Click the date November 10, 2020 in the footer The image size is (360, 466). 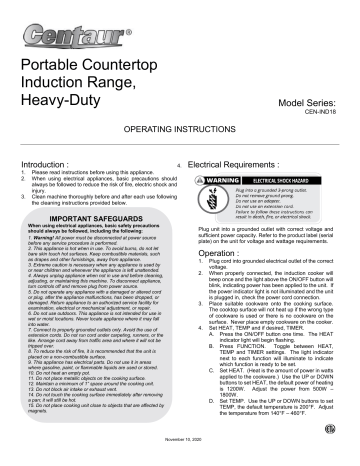pyautogui.click(x=181, y=450)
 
